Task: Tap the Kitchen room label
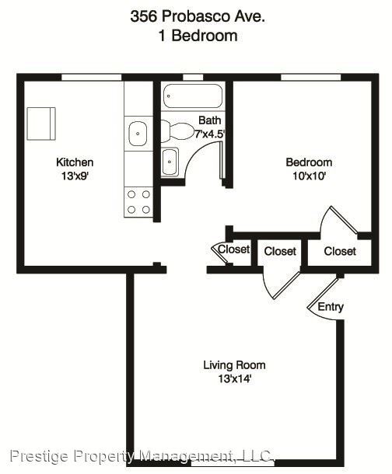click(75, 162)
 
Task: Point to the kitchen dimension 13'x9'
click(75, 176)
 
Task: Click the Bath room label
click(209, 120)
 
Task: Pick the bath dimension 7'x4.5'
click(210, 134)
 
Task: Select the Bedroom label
click(309, 162)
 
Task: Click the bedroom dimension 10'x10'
click(309, 176)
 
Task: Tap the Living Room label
click(234, 364)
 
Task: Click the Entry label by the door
click(331, 307)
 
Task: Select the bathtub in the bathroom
click(193, 99)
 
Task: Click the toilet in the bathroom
click(177, 131)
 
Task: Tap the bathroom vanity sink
click(170, 162)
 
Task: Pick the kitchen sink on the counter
click(138, 133)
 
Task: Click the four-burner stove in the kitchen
click(138, 202)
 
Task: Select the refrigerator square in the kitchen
click(41, 122)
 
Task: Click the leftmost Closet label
click(233, 249)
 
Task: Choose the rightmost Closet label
click(340, 251)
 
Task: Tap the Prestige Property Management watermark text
click(141, 455)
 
